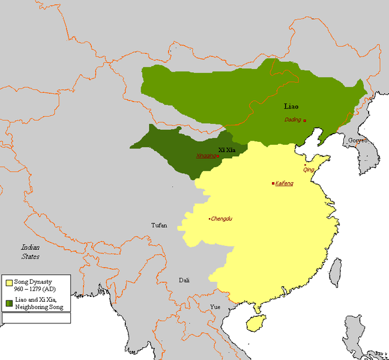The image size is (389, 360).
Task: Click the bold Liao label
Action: [x=291, y=106]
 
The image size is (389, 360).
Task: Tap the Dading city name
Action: [x=293, y=120]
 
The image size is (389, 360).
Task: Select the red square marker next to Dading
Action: [x=305, y=121]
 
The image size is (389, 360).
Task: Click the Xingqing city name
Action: [x=205, y=156]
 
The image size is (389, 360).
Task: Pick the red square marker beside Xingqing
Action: [x=218, y=156]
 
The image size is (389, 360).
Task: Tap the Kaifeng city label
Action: [x=285, y=183]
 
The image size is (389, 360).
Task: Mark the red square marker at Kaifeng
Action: [x=274, y=183]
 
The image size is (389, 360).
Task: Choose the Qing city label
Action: [x=309, y=170]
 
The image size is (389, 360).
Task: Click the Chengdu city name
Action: [x=222, y=219]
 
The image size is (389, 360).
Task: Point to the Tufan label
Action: [x=160, y=225]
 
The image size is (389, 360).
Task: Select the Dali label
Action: [x=184, y=280]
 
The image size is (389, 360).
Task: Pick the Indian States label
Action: [x=30, y=252]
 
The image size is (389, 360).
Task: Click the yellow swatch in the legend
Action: [x=9, y=282]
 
